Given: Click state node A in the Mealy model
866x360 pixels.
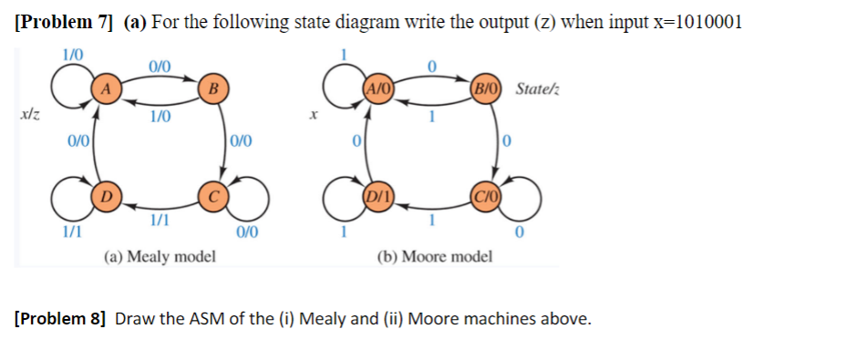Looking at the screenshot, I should click(107, 88).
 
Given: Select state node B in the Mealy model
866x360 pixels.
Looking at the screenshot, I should click(212, 88).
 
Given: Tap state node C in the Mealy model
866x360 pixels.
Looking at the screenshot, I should click(212, 195).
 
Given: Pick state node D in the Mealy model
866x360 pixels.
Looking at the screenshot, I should click(107, 195).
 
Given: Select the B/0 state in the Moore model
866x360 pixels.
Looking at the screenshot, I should click(485, 88).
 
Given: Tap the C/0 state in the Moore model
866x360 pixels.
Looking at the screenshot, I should click(485, 195).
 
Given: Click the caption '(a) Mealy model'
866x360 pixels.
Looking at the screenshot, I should click(160, 256).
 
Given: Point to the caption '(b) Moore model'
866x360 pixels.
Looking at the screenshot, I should click(434, 256).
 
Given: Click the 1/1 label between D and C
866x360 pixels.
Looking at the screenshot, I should click(160, 219).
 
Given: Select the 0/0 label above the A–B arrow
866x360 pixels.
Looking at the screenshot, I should click(160, 65).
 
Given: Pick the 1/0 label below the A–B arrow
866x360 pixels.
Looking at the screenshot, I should click(160, 116).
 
